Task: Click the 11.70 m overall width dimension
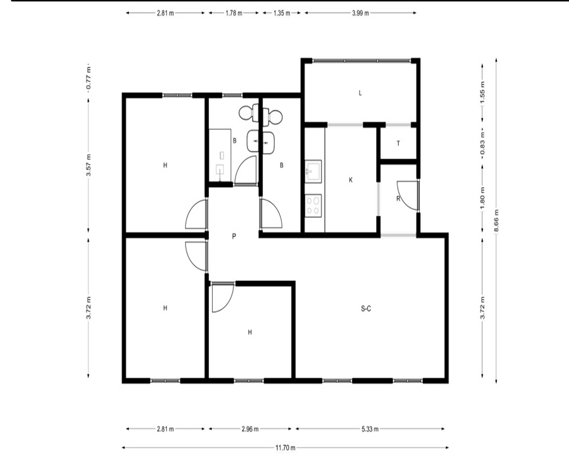[x=285, y=448]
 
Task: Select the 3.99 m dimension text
[x=360, y=13]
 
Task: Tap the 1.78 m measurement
[x=234, y=13]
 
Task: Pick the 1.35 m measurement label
[x=282, y=13]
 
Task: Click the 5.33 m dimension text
[x=370, y=429]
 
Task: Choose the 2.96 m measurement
[x=250, y=429]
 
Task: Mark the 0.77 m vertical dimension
[x=89, y=78]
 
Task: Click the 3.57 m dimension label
[x=89, y=166]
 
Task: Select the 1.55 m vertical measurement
[x=483, y=92]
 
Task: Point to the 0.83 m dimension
[x=483, y=142]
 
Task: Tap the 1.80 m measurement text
[x=483, y=198]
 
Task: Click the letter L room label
[x=360, y=93]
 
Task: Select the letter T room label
[x=398, y=143]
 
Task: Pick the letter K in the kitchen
[x=351, y=180]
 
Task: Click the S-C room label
[x=366, y=309]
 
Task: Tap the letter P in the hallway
[x=234, y=237]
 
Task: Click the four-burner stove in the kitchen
[x=313, y=206]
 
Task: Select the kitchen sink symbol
[x=313, y=171]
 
